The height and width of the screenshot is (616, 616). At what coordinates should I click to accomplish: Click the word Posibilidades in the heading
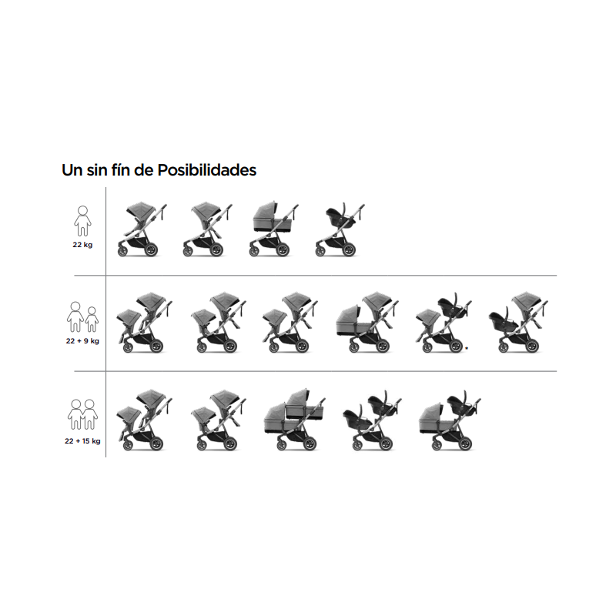(206, 170)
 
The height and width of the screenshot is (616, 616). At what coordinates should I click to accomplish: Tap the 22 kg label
(82, 245)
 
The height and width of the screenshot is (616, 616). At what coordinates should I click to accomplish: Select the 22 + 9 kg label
(82, 341)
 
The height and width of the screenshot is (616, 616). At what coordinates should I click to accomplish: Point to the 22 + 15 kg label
(82, 441)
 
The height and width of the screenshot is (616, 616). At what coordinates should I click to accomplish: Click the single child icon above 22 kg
(82, 221)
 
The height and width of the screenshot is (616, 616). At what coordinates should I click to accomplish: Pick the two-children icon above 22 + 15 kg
(82, 414)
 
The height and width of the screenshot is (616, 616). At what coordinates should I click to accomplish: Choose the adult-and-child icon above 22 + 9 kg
(82, 316)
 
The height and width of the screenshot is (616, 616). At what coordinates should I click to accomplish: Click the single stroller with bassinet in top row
(274, 229)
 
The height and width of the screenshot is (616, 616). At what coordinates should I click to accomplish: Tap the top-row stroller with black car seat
(340, 229)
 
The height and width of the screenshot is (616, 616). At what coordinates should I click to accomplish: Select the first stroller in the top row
(142, 229)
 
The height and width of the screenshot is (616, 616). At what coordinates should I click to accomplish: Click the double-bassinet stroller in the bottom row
(295, 419)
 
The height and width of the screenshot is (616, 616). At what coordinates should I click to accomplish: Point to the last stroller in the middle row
(518, 322)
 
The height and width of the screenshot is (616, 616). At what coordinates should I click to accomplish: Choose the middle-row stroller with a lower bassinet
(367, 322)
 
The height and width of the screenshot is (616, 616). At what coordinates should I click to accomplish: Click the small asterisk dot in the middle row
(467, 348)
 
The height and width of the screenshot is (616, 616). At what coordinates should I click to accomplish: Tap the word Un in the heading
(72, 170)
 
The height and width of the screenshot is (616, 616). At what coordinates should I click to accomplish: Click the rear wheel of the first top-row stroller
(150, 249)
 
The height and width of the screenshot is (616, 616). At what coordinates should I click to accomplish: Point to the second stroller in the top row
(208, 229)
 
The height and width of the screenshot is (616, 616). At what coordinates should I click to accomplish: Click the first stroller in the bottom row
(145, 420)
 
